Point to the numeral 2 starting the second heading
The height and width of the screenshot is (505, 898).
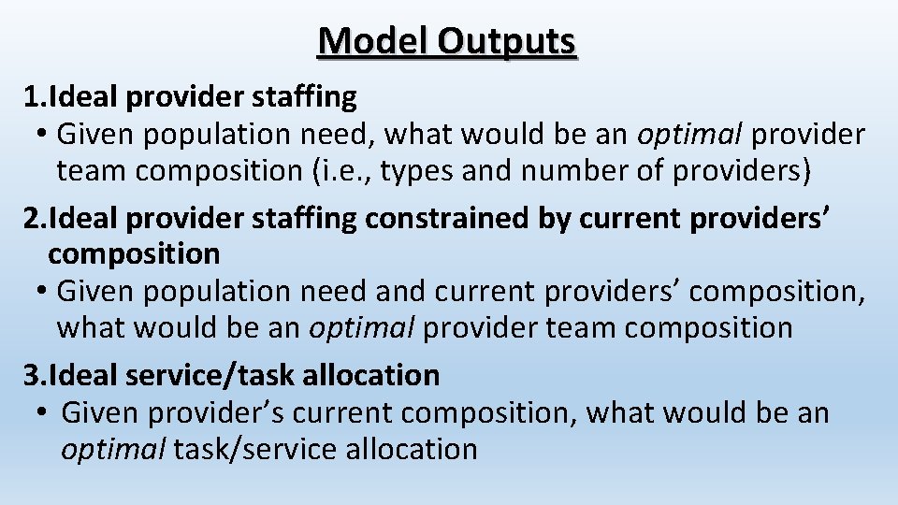(32, 218)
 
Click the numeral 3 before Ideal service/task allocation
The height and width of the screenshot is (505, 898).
(32, 375)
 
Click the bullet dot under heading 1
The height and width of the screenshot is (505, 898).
(44, 135)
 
